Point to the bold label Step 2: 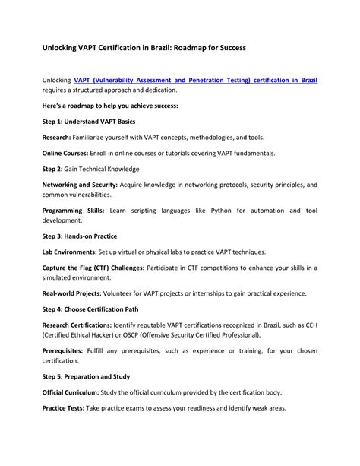(x=55, y=169)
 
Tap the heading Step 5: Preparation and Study (x=86, y=376)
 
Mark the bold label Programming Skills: (x=72, y=210)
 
